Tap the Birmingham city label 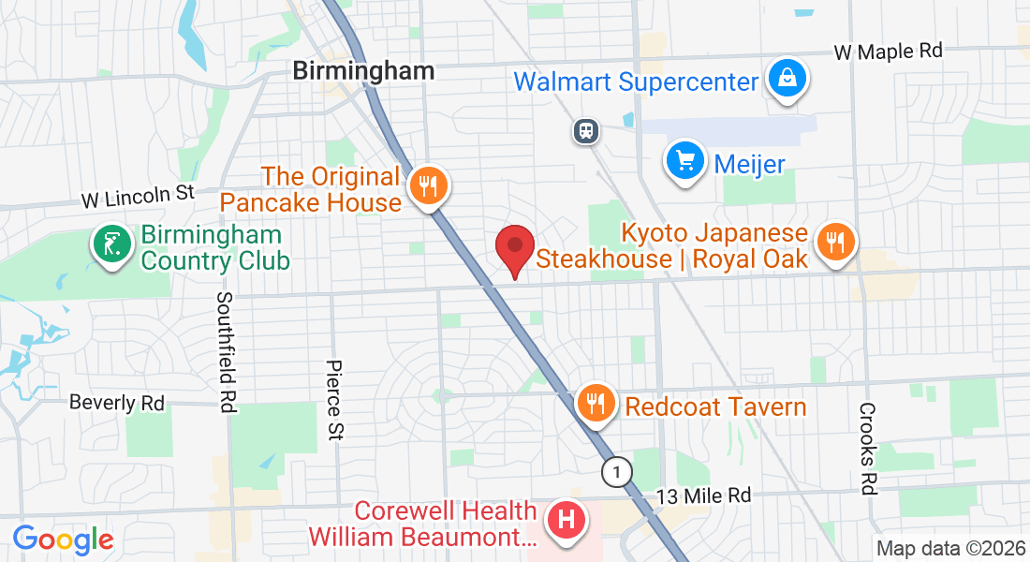click(x=363, y=70)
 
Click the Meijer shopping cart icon click(x=684, y=161)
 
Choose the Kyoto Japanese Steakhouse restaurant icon click(x=833, y=242)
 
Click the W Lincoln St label click(x=137, y=197)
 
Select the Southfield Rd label click(x=226, y=351)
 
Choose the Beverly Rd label click(x=117, y=403)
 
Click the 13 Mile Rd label click(x=704, y=495)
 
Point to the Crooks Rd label click(x=867, y=448)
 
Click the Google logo click(x=63, y=539)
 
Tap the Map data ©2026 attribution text click(x=950, y=548)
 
